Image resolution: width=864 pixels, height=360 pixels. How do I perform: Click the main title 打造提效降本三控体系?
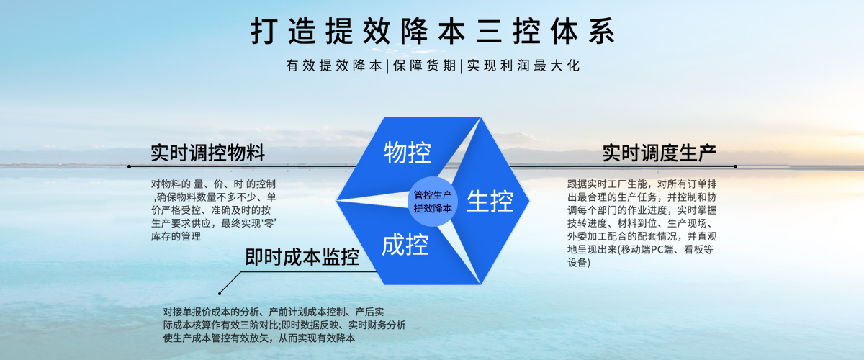432,32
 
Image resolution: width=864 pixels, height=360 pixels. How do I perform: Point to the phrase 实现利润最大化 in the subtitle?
523,66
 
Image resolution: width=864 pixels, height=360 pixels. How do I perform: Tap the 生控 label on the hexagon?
490,201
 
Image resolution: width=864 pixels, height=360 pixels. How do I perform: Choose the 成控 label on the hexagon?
405,246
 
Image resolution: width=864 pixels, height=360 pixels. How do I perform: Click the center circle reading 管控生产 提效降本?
433,201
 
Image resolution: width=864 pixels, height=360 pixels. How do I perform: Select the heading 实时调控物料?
207,153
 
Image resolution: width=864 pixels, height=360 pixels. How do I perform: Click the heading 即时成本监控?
302,257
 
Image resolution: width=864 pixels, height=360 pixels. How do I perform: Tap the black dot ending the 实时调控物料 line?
129,166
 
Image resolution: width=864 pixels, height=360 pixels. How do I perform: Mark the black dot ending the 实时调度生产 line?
735,166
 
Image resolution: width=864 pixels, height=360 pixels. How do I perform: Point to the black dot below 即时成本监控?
220,293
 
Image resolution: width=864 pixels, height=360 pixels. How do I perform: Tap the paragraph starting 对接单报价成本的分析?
284,325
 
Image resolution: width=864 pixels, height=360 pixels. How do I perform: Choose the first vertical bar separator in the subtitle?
387,66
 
